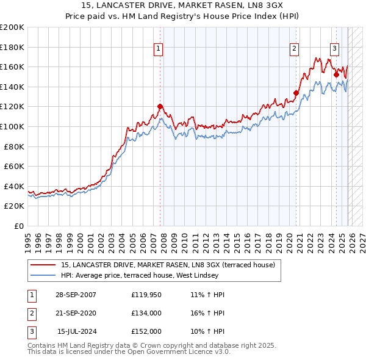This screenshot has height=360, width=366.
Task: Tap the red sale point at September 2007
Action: point(160,106)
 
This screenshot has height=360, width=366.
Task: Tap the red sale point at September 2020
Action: point(296,93)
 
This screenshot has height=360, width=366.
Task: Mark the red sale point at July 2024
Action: point(336,74)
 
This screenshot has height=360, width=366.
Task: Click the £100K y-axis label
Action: point(12,126)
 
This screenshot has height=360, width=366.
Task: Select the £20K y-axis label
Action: point(14,206)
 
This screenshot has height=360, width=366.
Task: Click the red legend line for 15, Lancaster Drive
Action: point(42,265)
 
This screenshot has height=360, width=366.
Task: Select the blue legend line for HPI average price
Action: point(42,275)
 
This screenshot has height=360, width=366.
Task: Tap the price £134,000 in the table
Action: point(146,313)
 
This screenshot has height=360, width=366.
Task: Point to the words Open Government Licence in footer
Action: point(172,352)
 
